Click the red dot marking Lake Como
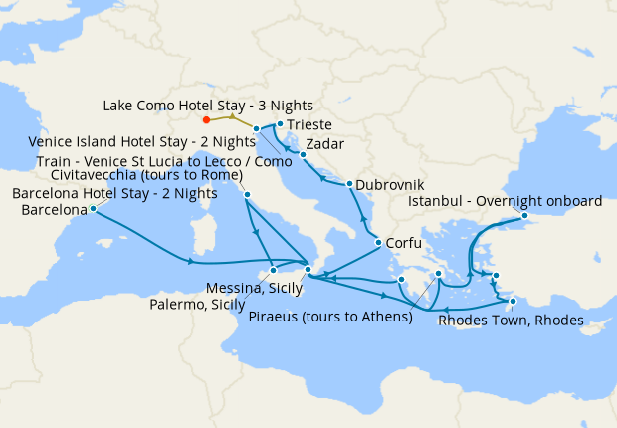point(206,121)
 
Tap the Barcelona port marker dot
point(93,209)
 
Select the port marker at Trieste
point(280,124)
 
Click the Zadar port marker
point(303,154)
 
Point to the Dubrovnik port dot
point(349,184)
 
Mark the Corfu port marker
point(378,243)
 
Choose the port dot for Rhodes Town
point(513,301)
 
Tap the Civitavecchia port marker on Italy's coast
point(247,195)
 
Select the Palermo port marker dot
point(273,270)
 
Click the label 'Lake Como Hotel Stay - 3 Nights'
point(208,106)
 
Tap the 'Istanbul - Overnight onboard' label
point(506,201)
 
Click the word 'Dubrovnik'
point(389,185)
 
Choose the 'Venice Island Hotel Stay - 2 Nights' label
point(142,142)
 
